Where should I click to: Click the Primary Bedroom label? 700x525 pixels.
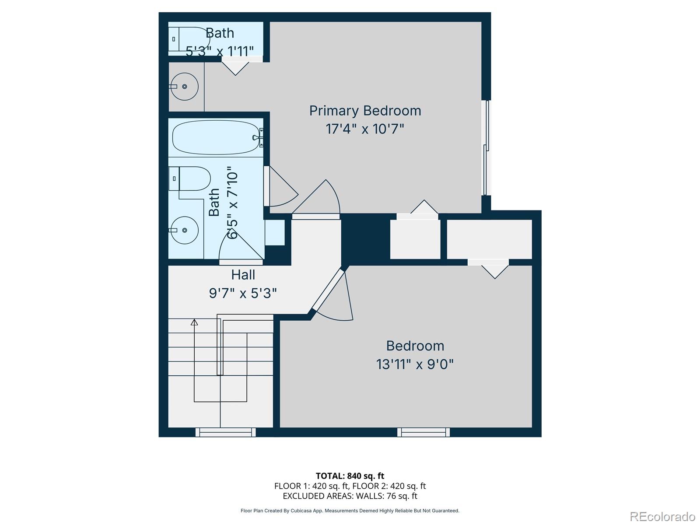point(365,111)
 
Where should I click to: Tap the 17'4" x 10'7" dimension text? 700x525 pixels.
point(365,129)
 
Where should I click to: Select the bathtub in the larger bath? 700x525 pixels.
point(217,137)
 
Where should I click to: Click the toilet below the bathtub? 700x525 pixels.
point(190,178)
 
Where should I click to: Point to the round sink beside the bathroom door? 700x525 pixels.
point(184,230)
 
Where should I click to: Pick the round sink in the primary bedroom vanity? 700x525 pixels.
point(184,86)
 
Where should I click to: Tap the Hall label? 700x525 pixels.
point(243,275)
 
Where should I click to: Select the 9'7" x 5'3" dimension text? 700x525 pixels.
point(243,293)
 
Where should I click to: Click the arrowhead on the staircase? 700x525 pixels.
point(194,322)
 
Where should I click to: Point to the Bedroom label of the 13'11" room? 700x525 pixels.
point(415,346)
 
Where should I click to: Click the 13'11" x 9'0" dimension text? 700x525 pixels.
point(415,364)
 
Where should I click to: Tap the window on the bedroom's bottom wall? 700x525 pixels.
point(423,432)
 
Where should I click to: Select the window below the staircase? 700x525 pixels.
point(225,432)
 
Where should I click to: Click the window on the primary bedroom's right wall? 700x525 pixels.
point(486,147)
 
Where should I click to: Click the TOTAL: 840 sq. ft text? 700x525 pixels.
point(350,476)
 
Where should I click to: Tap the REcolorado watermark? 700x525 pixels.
point(663,516)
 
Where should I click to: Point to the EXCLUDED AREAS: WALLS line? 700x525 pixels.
point(350,496)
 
